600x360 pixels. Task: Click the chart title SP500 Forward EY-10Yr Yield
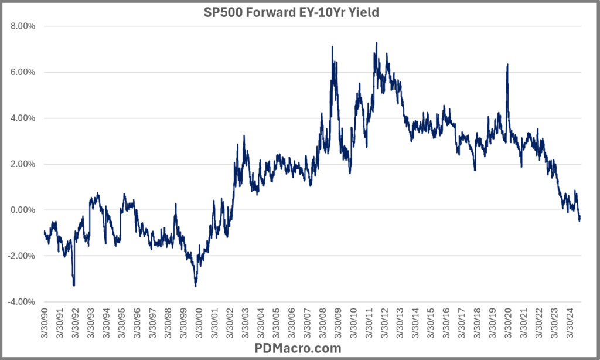(299, 12)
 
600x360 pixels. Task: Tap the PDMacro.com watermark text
(299, 348)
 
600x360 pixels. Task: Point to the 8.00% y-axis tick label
(22, 26)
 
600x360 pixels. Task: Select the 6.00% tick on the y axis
(22, 72)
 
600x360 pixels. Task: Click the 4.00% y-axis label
(22, 118)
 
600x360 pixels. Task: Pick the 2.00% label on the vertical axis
(22, 164)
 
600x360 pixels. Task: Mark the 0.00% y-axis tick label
(22, 210)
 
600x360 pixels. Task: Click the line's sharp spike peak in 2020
(507, 64)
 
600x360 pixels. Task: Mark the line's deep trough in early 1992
(74, 285)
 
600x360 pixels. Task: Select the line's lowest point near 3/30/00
(196, 286)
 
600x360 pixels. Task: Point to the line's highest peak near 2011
(376, 43)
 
